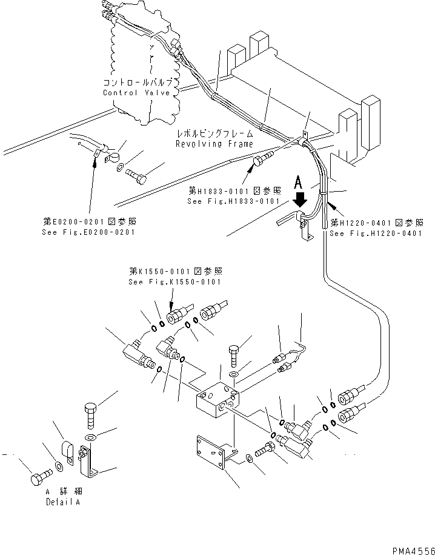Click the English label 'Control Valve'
coord(136,93)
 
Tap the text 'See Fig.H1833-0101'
coord(233,201)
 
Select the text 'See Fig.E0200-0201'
coord(88,232)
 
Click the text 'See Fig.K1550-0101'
coord(174,282)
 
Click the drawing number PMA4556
coord(411,550)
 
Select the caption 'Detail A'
coord(64,502)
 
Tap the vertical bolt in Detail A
coord(89,416)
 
